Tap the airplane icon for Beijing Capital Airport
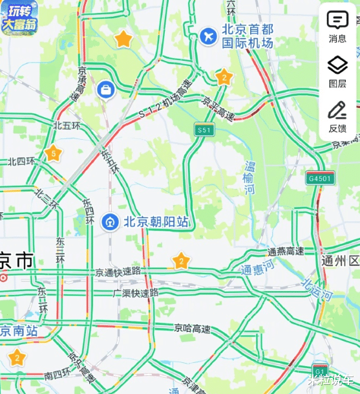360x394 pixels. coord(207,36)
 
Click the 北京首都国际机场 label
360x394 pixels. coord(248,37)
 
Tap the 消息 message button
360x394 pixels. coord(337,26)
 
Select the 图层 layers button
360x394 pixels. coord(337,71)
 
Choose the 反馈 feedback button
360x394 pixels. coord(337,116)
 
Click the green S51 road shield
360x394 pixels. coord(204,130)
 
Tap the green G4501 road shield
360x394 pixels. coord(321,178)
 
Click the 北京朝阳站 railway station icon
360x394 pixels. coord(110,222)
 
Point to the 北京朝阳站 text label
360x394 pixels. coord(156,222)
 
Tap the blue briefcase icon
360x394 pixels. coord(105,89)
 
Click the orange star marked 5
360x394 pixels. coord(54,154)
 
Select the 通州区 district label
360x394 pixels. coord(340,261)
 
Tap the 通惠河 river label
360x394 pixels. coord(257,267)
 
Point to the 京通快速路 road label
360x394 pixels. coord(118,272)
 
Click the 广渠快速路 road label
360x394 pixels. coord(135,293)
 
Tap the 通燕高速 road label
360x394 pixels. coord(286,252)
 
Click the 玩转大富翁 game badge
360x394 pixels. coord(19,17)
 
